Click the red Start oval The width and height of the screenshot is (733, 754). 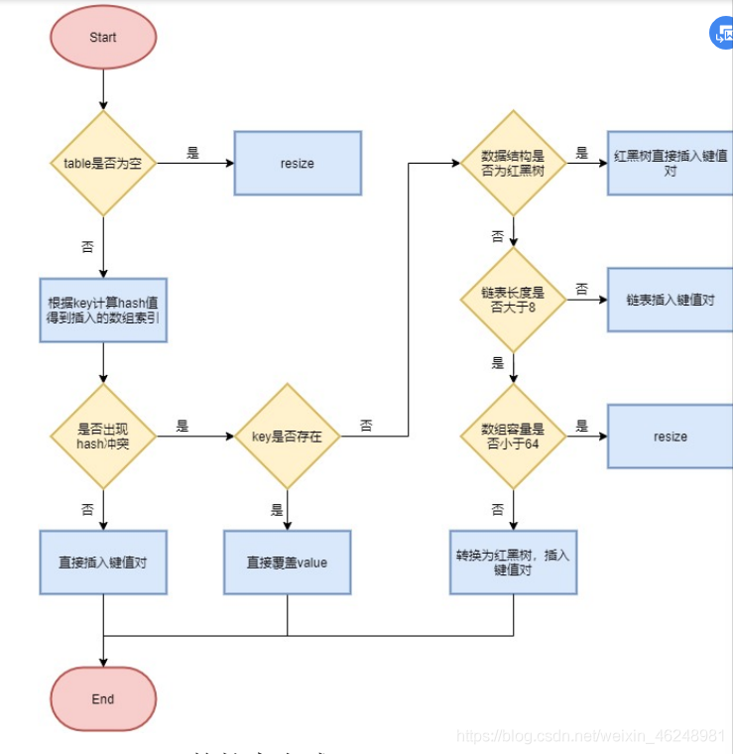point(103,38)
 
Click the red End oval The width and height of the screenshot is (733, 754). point(103,698)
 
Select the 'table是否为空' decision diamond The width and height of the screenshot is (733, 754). point(103,163)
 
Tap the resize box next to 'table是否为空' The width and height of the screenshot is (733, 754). point(297,163)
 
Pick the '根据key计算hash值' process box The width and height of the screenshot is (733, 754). point(103,310)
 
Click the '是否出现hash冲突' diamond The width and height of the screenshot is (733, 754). point(103,437)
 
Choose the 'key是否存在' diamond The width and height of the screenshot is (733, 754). point(288,437)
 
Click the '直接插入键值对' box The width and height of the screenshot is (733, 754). point(103,563)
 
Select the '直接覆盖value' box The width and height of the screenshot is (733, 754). point(287,563)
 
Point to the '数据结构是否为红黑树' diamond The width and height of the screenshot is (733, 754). point(513,164)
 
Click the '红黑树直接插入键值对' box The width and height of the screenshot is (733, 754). point(671,164)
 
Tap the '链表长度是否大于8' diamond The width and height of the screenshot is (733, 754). point(513,300)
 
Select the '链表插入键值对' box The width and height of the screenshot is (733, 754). point(671,300)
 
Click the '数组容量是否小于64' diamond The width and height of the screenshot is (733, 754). point(513,437)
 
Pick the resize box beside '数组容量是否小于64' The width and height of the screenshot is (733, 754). point(671,437)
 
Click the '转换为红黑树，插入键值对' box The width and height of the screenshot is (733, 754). point(513,563)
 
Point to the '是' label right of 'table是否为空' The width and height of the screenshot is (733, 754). point(192,154)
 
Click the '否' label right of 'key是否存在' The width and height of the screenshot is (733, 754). point(366,426)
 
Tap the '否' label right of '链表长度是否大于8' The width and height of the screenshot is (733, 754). point(581,290)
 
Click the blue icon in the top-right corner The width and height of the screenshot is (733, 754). point(722,34)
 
